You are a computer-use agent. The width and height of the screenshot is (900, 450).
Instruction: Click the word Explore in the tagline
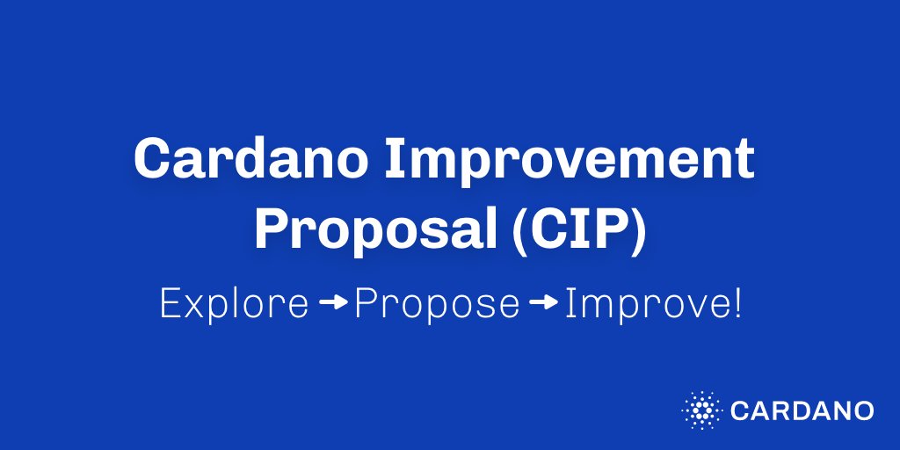(234, 304)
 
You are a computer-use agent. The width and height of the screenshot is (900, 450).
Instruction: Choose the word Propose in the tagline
(437, 304)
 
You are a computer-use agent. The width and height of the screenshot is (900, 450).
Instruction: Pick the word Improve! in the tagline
(653, 304)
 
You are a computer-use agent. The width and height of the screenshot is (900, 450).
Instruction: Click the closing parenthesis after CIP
(639, 229)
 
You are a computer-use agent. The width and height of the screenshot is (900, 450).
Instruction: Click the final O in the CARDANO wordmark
(862, 410)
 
